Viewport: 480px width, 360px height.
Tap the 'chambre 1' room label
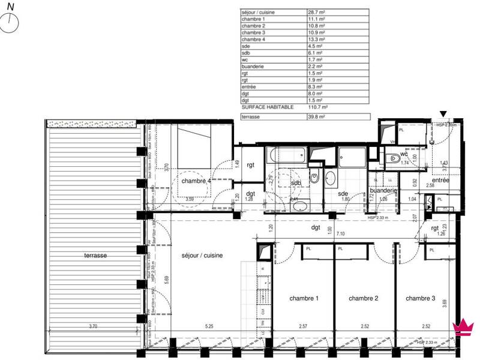click(x=304, y=298)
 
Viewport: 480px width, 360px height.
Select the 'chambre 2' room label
click(x=363, y=298)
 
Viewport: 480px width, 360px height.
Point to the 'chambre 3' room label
click(x=420, y=298)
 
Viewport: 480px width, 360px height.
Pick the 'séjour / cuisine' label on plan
click(x=202, y=255)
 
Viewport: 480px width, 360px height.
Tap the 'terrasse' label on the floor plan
click(x=95, y=255)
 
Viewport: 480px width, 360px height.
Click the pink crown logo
click(x=463, y=328)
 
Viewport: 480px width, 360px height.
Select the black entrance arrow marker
click(x=443, y=114)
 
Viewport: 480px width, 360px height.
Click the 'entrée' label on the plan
click(x=441, y=180)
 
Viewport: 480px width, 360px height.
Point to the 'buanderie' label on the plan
click(x=383, y=190)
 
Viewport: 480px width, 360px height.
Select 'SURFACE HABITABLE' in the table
click(x=268, y=107)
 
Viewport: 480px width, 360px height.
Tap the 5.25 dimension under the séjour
click(x=209, y=327)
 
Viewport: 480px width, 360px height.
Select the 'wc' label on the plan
click(x=395, y=154)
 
